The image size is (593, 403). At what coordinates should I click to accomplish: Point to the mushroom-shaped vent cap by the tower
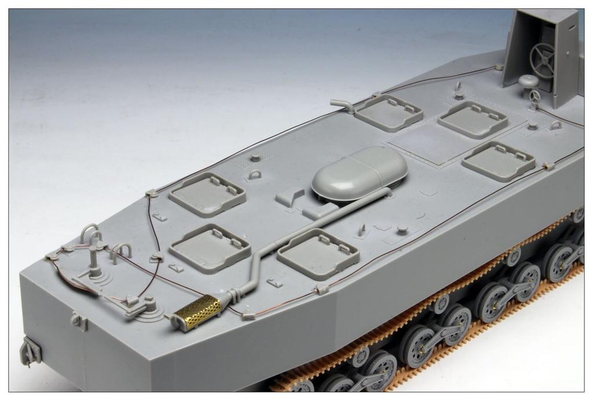[529, 82]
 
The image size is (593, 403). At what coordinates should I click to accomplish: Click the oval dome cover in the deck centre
[359, 173]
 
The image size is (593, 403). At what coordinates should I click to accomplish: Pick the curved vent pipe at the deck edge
[343, 105]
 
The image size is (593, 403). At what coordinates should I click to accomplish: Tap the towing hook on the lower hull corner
[29, 351]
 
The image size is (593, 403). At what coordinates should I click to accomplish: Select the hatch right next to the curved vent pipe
[389, 113]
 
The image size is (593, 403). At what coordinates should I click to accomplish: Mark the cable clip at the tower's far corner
[498, 67]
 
